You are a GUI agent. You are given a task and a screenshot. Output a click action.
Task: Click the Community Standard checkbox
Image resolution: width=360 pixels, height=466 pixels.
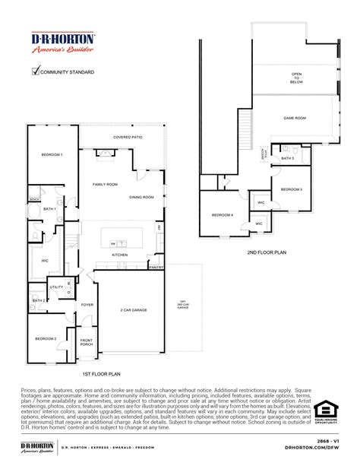pyautogui.click(x=35, y=72)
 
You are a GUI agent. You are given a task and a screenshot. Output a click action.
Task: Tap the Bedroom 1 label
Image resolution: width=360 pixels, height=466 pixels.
pyautogui.click(x=52, y=154)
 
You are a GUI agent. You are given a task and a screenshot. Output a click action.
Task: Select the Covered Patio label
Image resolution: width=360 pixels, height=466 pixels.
pyautogui.click(x=128, y=138)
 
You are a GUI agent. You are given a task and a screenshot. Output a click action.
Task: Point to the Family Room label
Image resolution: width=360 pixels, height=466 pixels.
pyautogui.click(x=106, y=185)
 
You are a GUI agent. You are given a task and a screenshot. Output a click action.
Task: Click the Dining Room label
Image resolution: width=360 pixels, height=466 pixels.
pyautogui.click(x=142, y=197)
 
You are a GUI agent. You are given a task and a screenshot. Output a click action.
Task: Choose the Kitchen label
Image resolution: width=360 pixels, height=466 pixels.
pyautogui.click(x=120, y=255)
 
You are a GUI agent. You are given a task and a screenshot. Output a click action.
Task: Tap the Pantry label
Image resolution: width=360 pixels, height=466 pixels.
pyautogui.click(x=156, y=268)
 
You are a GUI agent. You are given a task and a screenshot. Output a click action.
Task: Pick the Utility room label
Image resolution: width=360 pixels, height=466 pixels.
pyautogui.click(x=55, y=287)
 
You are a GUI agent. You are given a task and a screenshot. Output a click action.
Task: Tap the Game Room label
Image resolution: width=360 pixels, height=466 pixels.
pyautogui.click(x=294, y=119)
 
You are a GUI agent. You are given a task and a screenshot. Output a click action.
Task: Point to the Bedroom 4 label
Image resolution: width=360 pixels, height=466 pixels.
pyautogui.click(x=223, y=215)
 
